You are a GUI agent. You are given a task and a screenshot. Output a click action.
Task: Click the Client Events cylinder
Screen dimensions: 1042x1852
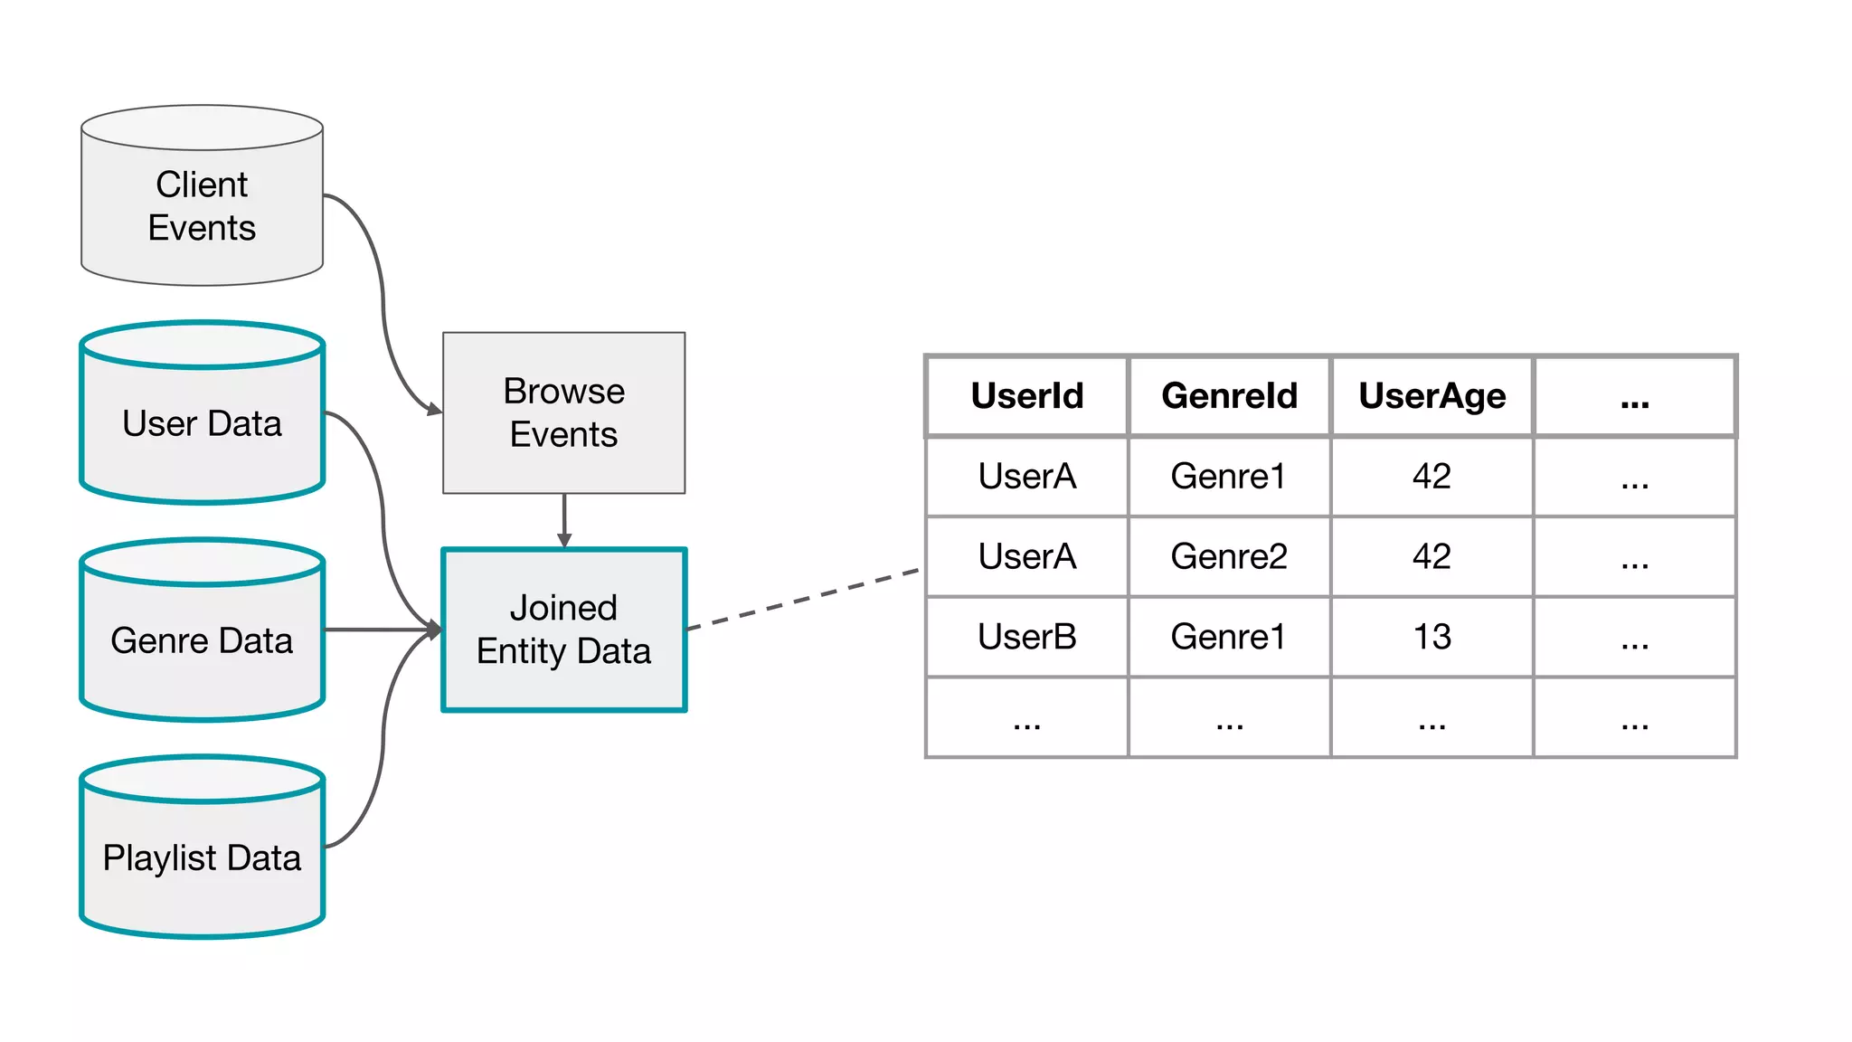click(x=202, y=206)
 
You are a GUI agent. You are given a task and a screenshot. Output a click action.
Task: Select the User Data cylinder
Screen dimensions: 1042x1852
click(x=202, y=423)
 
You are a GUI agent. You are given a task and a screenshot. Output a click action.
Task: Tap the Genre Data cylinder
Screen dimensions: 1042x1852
click(x=202, y=640)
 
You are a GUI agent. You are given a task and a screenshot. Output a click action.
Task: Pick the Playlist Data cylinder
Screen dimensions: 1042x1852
click(x=202, y=857)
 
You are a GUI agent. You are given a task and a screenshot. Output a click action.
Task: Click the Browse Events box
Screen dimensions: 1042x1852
click(x=563, y=412)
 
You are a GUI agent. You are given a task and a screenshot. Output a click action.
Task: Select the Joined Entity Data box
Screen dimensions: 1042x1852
click(x=563, y=630)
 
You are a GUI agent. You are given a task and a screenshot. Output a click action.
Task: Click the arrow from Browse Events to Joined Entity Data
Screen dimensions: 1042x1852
click(x=564, y=519)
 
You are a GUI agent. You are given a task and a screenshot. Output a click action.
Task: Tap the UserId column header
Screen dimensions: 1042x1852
click(x=1026, y=396)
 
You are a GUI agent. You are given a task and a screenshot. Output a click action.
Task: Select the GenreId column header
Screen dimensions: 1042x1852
click(x=1229, y=396)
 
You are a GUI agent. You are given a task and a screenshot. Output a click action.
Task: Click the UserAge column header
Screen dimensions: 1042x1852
click(x=1432, y=396)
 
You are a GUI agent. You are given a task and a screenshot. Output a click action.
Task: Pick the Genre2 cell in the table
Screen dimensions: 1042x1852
click(x=1229, y=556)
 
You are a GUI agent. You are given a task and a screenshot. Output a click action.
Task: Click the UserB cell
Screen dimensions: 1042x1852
click(x=1026, y=637)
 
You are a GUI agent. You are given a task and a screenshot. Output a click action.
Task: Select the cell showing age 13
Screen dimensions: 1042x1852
click(x=1432, y=637)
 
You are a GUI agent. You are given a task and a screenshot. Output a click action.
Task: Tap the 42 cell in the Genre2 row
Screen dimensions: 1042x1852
click(x=1432, y=556)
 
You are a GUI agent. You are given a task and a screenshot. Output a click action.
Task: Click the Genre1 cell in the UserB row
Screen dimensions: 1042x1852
click(x=1229, y=637)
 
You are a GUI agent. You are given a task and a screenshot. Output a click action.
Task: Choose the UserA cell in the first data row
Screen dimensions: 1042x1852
click(x=1026, y=477)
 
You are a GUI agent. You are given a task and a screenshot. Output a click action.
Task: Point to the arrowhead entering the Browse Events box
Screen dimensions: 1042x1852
click(x=435, y=410)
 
